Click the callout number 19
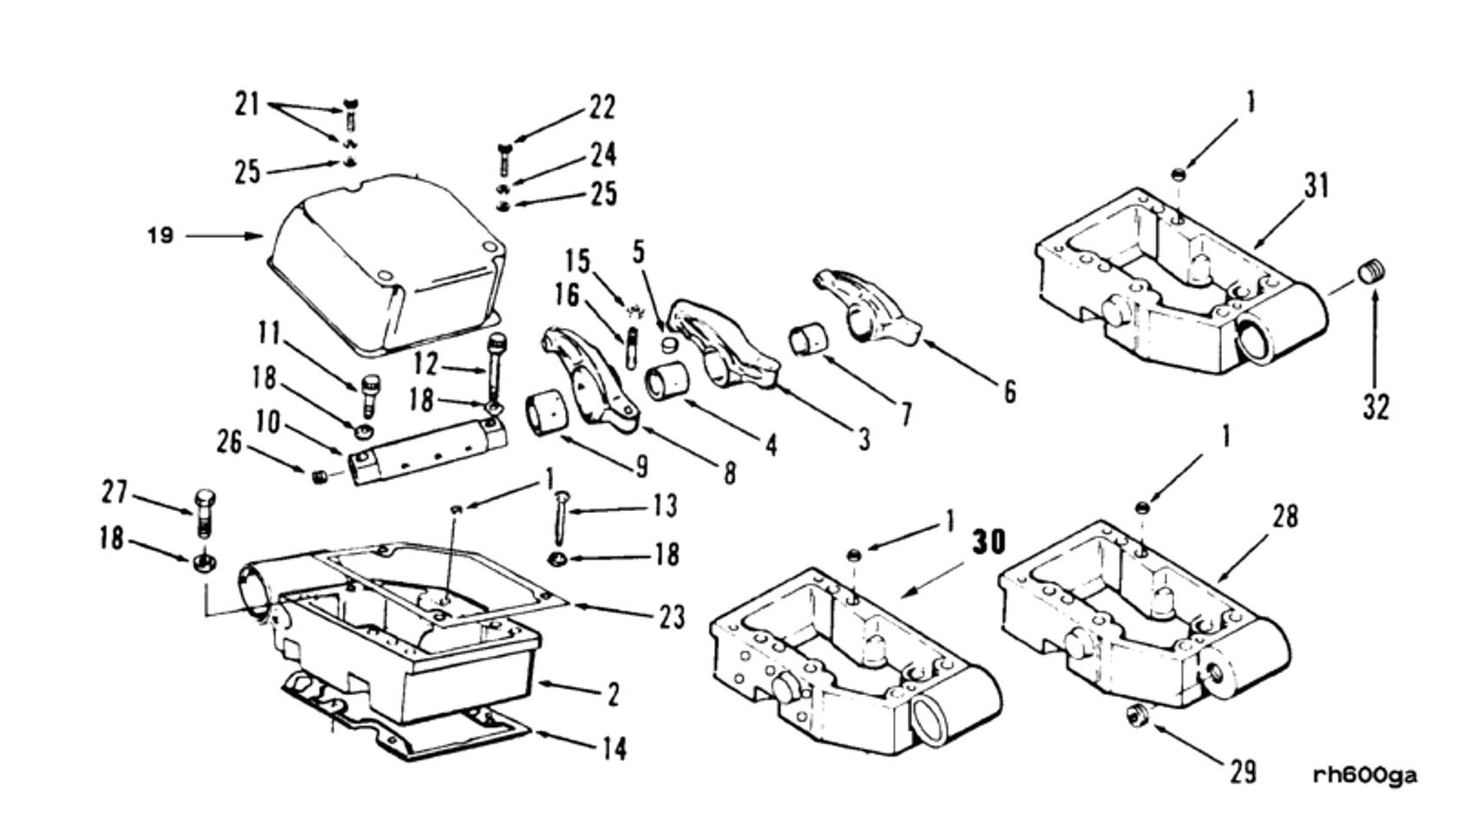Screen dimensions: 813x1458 point(161,235)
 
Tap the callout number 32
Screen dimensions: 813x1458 point(1376,406)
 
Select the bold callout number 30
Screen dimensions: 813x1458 point(988,541)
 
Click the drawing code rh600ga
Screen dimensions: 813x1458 point(1365,776)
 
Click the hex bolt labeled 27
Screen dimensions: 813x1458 point(205,513)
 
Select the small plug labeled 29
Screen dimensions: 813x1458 point(1135,716)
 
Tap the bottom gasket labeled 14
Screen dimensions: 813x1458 point(408,729)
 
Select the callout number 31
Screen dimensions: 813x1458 point(1317,186)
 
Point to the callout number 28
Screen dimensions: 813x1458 point(1284,517)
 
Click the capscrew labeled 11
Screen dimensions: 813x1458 point(370,396)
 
